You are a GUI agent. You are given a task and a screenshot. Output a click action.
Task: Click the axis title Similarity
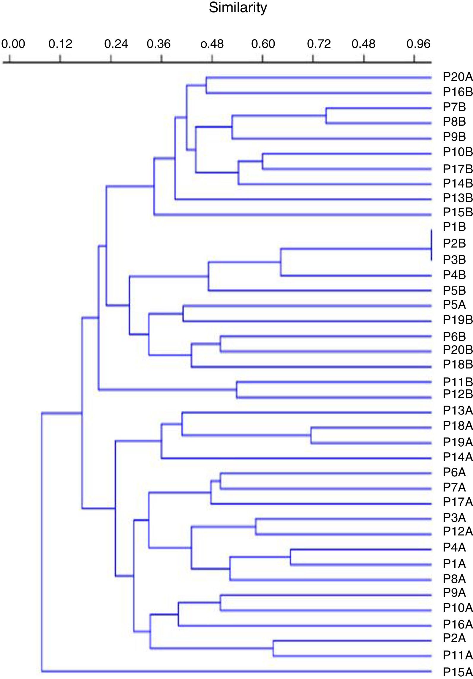coord(238,7)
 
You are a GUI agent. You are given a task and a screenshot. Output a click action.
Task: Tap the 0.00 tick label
coord(13,44)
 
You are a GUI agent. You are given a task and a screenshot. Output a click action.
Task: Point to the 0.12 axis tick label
coord(60,44)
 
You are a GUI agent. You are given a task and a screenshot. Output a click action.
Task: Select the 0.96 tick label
coord(418,44)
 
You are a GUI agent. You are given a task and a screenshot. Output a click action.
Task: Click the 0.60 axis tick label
coord(263,44)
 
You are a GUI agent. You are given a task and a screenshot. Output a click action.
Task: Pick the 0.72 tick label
coord(319,44)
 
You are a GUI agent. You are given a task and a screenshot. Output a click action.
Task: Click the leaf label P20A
coord(458,77)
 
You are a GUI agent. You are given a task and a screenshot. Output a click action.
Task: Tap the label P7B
coord(454,107)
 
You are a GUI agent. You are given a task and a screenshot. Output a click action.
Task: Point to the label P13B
coord(458,198)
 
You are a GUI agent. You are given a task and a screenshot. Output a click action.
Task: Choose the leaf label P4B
coord(454,275)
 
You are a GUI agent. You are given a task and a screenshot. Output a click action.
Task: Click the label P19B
coord(458,320)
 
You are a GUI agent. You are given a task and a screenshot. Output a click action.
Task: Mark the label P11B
coord(458,382)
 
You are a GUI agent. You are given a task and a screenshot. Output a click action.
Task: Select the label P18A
coord(458,426)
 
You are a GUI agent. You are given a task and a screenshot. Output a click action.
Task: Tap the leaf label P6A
coord(454,472)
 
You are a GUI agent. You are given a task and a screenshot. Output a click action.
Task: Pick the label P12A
coord(458,531)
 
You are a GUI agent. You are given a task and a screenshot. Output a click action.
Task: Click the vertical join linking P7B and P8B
coord(326,115)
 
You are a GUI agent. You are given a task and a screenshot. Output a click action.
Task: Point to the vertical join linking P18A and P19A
coord(311,436)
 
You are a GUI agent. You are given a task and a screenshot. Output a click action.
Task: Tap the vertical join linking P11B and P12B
coord(237,390)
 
